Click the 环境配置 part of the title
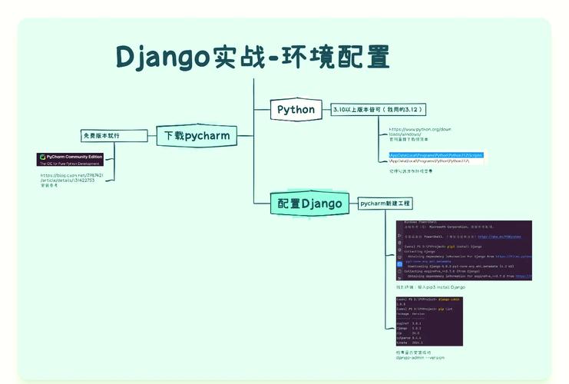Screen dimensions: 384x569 tap(335, 58)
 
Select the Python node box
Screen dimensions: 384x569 tap(296, 110)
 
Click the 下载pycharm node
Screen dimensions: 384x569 tap(197, 135)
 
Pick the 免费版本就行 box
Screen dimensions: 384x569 tap(112, 136)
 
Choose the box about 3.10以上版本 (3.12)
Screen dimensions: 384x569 tap(378, 110)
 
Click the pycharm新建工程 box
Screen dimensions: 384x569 tap(385, 204)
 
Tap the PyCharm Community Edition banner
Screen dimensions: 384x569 tap(70, 159)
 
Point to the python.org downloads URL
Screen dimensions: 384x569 tap(419, 132)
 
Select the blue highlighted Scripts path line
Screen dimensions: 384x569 tap(435, 154)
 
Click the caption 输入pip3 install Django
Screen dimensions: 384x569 tap(425, 286)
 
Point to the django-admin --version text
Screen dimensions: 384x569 tap(420, 358)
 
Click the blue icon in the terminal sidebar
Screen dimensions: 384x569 tap(399, 263)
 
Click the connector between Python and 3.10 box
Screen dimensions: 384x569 tap(325, 110)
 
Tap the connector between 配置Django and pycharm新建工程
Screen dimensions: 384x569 tap(352, 204)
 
